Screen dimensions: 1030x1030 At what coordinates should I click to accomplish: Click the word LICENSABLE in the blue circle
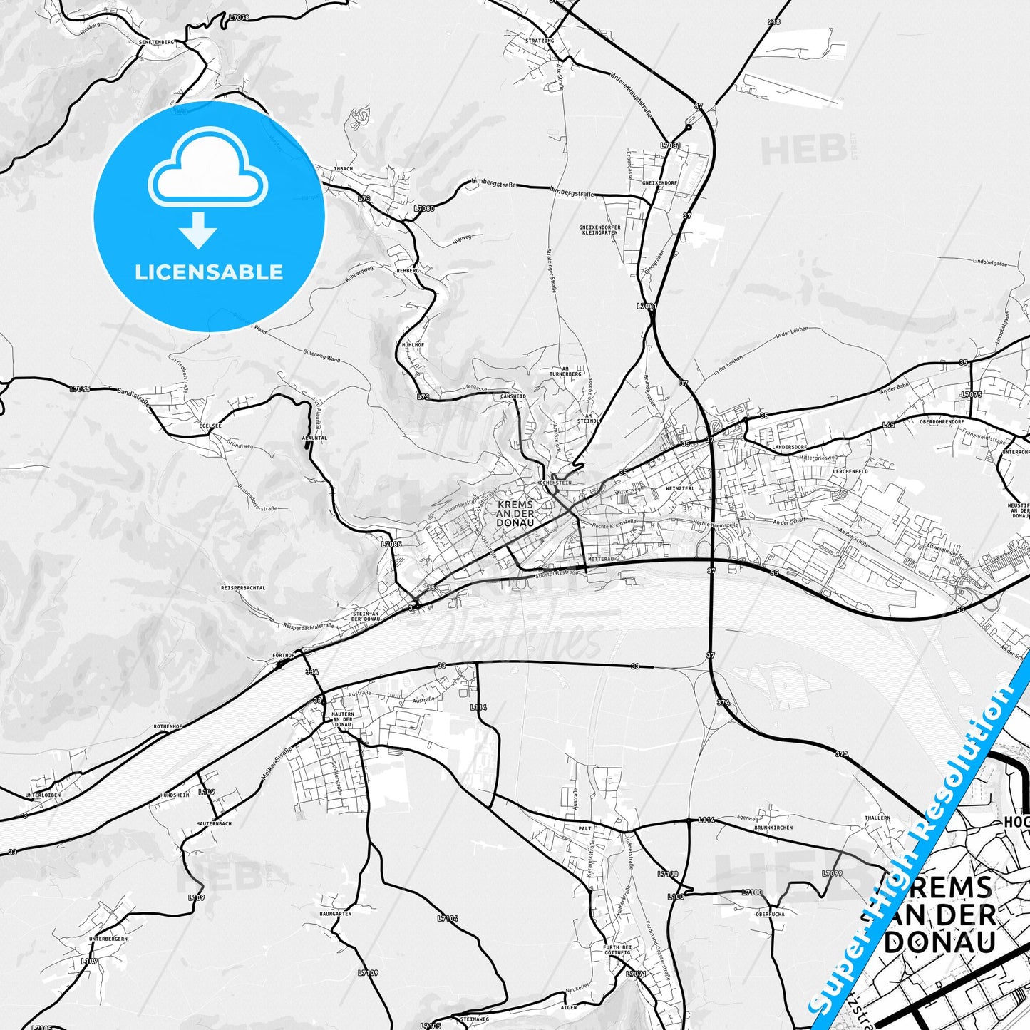(209, 272)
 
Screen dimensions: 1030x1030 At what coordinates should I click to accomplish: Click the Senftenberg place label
(156, 43)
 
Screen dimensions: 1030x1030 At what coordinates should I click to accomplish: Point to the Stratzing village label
(540, 41)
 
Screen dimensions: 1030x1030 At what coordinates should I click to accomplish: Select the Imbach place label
(344, 169)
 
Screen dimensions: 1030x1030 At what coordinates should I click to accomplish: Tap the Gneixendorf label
(659, 183)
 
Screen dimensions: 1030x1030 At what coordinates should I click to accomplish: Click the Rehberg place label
(408, 271)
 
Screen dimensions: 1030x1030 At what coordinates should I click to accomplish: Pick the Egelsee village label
(211, 426)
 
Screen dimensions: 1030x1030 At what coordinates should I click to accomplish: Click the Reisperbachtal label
(243, 588)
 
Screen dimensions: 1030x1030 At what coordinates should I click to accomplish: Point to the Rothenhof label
(168, 726)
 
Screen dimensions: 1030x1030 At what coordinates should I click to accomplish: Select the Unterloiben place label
(43, 795)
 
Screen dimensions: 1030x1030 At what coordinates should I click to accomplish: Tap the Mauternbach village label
(214, 823)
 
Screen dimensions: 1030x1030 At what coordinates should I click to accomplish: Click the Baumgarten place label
(335, 914)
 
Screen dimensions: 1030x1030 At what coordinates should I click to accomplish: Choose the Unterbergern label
(108, 939)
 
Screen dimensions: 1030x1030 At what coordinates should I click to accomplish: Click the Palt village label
(585, 829)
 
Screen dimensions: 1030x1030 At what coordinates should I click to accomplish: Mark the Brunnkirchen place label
(773, 828)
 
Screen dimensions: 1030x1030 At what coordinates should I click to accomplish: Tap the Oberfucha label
(770, 914)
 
